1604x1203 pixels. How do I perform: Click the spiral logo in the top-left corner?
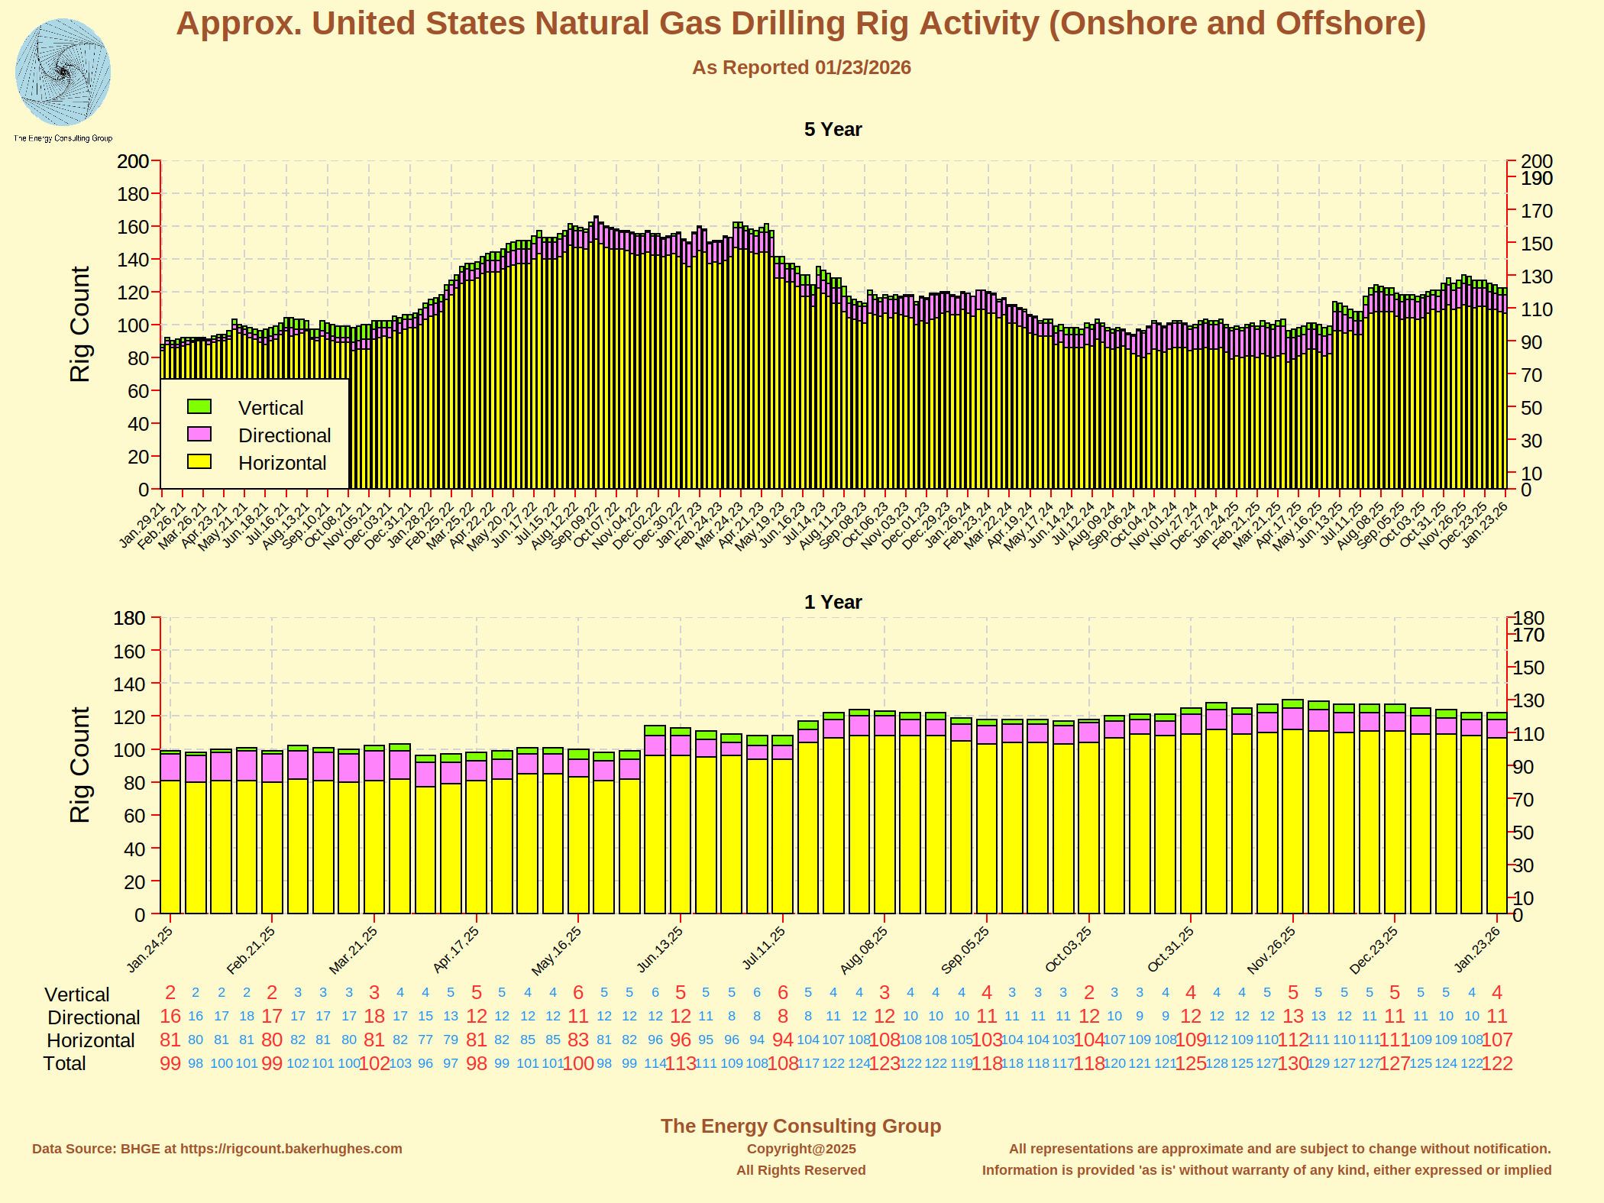point(63,73)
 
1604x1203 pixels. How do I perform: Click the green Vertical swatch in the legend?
point(199,406)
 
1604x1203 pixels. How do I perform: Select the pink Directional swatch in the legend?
point(199,434)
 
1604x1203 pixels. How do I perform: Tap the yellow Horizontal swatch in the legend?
point(199,461)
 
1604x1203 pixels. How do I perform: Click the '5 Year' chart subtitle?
point(833,130)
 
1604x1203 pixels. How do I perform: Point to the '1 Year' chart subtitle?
point(833,603)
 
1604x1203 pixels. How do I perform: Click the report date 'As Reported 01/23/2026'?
point(801,68)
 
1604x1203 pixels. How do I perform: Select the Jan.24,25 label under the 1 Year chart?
point(150,949)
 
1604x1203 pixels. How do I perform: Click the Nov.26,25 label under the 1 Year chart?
point(1271,950)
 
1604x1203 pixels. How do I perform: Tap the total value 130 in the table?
point(1292,1064)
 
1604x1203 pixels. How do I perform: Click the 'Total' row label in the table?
point(64,1064)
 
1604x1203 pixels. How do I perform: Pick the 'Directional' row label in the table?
point(93,1017)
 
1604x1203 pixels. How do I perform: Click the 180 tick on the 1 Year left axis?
point(129,618)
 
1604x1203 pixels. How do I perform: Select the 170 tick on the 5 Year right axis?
point(1536,211)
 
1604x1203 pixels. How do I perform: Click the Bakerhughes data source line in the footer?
point(217,1149)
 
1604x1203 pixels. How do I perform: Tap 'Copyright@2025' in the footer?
point(801,1149)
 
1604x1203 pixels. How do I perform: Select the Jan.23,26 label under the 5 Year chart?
point(1485,525)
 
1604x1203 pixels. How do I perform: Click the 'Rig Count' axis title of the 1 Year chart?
point(80,765)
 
